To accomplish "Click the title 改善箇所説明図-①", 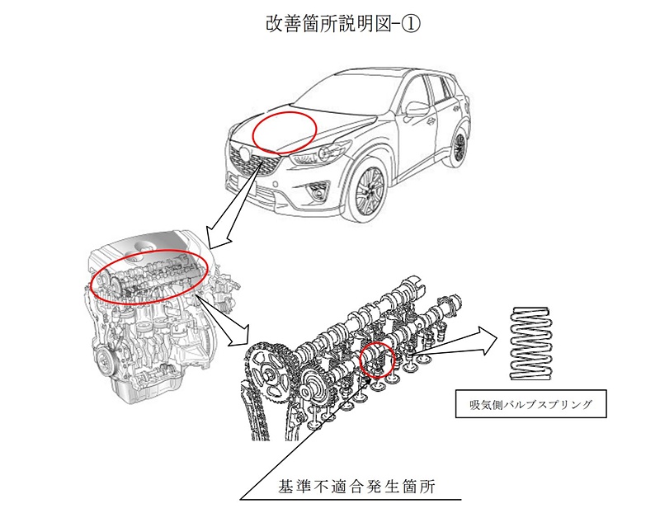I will [329, 25].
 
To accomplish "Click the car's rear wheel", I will [460, 148].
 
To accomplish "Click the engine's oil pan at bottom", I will [140, 388].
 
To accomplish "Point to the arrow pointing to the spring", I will [462, 341].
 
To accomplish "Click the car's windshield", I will [363, 90].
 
